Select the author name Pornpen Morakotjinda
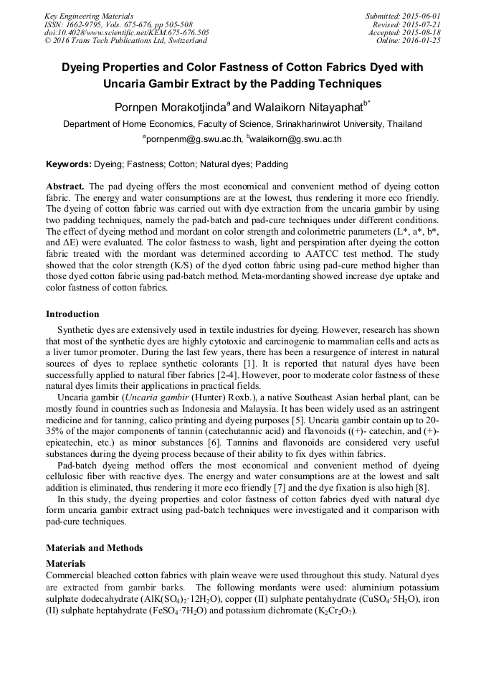click(x=171, y=108)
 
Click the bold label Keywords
click(x=69, y=164)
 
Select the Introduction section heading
click(x=72, y=314)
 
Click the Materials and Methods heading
click(x=94, y=548)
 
